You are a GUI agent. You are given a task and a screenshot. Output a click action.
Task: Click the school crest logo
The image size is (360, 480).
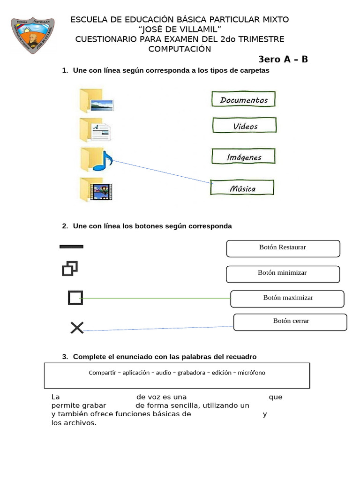(x=32, y=36)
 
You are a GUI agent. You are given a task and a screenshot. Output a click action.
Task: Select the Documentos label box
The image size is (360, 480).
(x=243, y=100)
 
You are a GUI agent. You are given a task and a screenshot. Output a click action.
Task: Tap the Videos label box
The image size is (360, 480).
(x=245, y=126)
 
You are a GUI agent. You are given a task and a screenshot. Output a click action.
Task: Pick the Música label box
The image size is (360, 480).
(x=242, y=188)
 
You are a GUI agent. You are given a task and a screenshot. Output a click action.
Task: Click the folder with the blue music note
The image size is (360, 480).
(x=95, y=159)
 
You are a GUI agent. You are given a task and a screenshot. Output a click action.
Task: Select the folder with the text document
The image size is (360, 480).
(x=95, y=130)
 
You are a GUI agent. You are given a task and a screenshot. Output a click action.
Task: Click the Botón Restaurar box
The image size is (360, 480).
(x=283, y=248)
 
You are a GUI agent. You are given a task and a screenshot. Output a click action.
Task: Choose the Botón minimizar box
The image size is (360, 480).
(x=283, y=274)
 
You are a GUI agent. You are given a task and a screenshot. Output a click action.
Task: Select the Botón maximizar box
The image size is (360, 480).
(x=287, y=299)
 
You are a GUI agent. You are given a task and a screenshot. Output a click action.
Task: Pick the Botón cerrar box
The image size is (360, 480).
(x=291, y=322)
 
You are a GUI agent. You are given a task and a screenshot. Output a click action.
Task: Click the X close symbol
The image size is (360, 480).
(x=77, y=328)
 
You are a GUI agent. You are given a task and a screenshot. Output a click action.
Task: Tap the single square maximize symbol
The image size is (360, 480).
(x=75, y=298)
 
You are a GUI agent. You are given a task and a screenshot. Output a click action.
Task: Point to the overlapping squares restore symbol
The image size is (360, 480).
(x=69, y=269)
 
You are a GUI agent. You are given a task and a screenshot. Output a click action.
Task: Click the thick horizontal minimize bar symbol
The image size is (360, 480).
(x=71, y=246)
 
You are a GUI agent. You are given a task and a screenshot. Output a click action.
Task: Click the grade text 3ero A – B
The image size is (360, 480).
(x=283, y=60)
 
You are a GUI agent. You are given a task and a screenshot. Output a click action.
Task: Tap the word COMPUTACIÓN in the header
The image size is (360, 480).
(x=180, y=49)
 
